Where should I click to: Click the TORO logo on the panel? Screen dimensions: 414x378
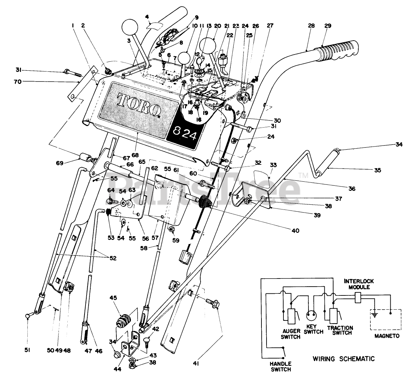139,106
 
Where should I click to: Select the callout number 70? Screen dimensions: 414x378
18,82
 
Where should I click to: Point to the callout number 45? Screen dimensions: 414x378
113,298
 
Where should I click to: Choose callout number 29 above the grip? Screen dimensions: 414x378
328,26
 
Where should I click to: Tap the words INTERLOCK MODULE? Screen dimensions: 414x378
359,284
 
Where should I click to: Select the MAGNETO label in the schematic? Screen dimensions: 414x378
387,342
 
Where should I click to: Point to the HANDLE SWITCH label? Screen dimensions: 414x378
281,366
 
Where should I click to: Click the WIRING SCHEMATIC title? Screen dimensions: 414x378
344,359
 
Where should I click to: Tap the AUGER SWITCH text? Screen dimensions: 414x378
291,334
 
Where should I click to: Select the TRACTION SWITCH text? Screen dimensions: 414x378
340,331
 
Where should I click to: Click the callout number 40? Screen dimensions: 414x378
296,230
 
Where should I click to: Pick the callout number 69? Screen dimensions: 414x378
60,163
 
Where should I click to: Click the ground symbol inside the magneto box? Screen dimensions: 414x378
374,315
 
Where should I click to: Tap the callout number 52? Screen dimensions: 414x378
113,258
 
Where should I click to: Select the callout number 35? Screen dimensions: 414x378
378,170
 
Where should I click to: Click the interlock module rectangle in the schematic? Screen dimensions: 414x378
358,297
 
